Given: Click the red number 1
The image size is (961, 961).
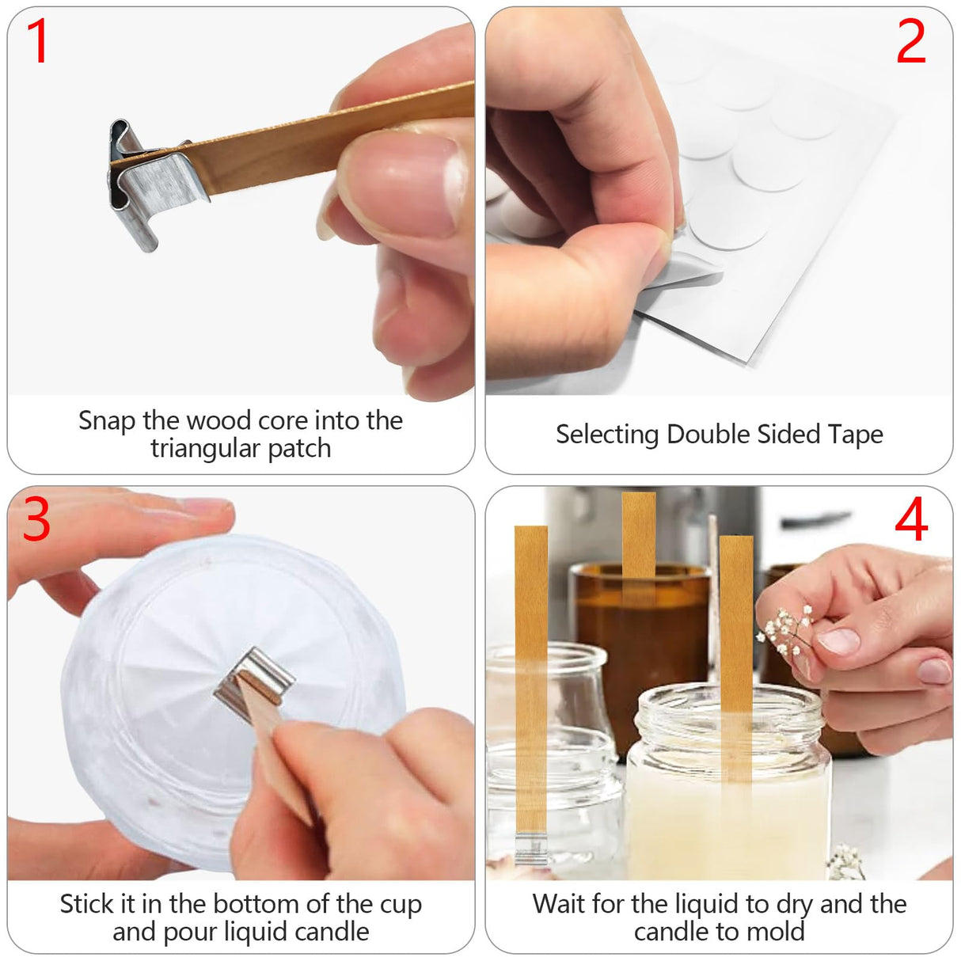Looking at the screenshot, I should [37, 41].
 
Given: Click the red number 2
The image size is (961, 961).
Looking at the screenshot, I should [910, 41].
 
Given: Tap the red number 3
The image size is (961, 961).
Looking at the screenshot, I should [36, 520].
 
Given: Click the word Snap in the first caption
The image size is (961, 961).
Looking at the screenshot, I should [106, 420].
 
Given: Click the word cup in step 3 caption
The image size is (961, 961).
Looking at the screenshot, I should [401, 904].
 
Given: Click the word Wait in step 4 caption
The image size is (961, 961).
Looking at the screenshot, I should [560, 904].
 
